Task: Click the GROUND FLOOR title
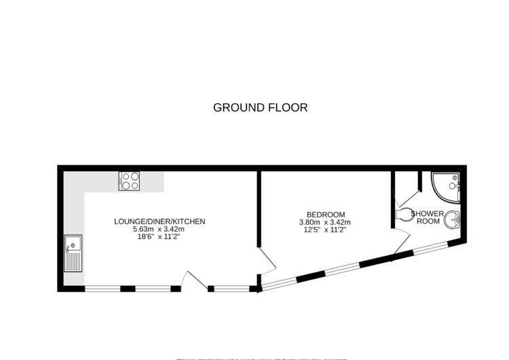pos(261,107)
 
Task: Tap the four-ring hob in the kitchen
pos(130,181)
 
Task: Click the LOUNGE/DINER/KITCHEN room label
pos(159,221)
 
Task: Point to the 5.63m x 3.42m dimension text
pos(159,230)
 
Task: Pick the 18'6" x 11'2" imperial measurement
pos(159,237)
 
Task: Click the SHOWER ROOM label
pos(429,217)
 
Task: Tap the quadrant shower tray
pos(446,186)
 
